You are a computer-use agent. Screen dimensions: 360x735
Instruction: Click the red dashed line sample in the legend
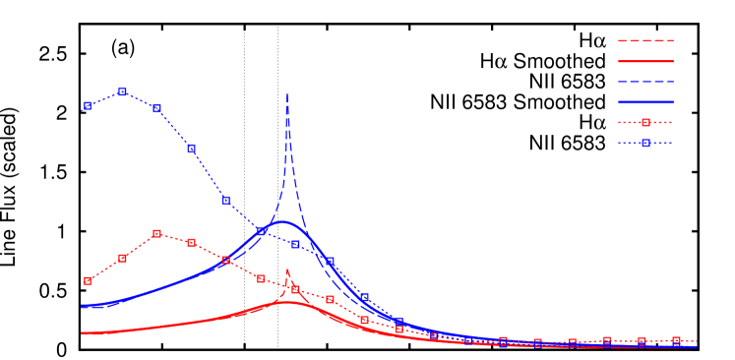(x=645, y=40)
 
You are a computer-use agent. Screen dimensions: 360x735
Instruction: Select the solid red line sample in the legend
(x=645, y=61)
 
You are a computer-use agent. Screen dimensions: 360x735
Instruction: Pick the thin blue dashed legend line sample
(x=645, y=82)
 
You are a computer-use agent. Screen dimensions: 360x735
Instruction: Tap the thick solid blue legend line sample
(x=645, y=102)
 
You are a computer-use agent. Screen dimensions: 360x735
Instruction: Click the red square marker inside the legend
(x=645, y=123)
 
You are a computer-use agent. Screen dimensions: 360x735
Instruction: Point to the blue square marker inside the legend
(x=645, y=144)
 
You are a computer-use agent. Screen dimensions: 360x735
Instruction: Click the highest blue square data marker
(x=122, y=91)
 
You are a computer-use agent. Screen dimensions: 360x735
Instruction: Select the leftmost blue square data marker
(x=88, y=105)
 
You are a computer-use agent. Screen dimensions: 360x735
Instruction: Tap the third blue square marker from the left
(x=156, y=109)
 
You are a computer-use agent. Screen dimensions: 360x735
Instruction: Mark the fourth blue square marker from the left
(x=191, y=149)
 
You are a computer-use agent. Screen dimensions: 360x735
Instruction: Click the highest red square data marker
(x=156, y=234)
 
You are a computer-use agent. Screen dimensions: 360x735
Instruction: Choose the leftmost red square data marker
(x=88, y=281)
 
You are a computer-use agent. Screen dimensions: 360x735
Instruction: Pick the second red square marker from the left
(x=122, y=258)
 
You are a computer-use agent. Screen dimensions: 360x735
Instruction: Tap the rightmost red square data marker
(x=676, y=340)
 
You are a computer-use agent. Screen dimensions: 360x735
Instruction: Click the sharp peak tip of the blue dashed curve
(x=287, y=94)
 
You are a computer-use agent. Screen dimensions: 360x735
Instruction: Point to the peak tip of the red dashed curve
(x=287, y=269)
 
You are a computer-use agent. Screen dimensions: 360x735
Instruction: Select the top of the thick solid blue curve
(x=285, y=222)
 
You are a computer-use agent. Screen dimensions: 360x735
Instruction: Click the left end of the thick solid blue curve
(x=82, y=307)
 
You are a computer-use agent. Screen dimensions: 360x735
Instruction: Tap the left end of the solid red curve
(x=82, y=332)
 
